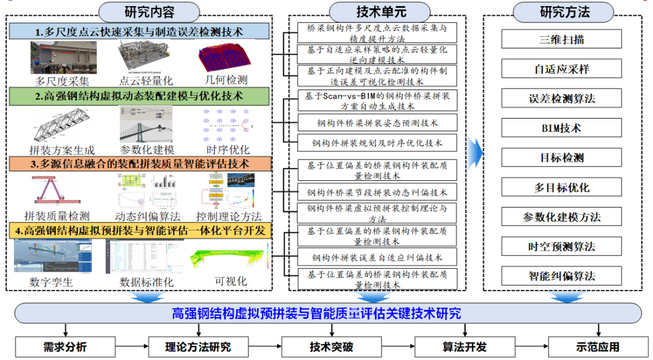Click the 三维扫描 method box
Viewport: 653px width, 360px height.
click(562, 40)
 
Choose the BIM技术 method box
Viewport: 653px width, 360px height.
click(562, 128)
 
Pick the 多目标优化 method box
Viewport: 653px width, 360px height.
click(562, 188)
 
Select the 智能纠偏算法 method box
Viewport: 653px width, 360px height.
click(562, 276)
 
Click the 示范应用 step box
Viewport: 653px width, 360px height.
click(597, 347)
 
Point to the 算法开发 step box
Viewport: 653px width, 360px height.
click(464, 347)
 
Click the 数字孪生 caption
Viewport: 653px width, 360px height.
click(50, 282)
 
